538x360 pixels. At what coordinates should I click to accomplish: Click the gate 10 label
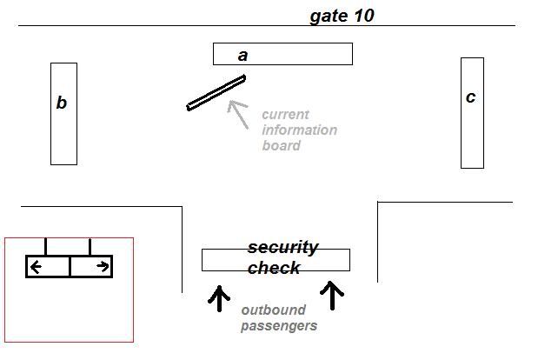[342, 16]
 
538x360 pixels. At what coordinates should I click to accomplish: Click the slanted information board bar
[216, 93]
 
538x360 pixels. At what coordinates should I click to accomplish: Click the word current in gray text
[285, 114]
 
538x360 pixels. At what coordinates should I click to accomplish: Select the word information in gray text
[299, 130]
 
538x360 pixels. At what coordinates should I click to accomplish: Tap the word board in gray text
[281, 145]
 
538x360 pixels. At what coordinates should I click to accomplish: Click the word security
[282, 247]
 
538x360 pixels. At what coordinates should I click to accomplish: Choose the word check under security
[274, 268]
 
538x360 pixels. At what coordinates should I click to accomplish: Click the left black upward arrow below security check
[218, 297]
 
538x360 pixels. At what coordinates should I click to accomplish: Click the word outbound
[272, 310]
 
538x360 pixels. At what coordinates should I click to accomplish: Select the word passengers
[279, 325]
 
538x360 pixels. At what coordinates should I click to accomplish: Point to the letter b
[62, 103]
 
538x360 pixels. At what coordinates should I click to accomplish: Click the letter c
[470, 97]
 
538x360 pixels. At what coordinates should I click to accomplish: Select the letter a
[243, 55]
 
